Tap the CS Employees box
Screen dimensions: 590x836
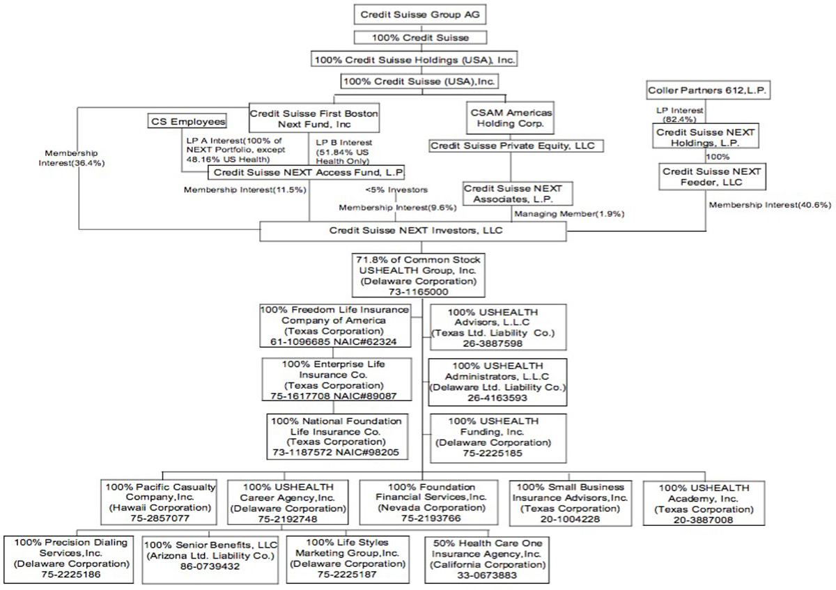click(188, 122)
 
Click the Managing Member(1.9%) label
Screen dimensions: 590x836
click(567, 214)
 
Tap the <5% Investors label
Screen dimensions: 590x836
click(396, 189)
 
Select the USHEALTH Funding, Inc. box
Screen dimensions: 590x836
click(493, 436)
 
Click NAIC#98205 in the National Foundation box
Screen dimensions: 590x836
click(373, 451)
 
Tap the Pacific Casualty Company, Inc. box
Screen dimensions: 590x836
click(161, 502)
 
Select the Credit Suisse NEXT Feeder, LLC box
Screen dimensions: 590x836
click(713, 176)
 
